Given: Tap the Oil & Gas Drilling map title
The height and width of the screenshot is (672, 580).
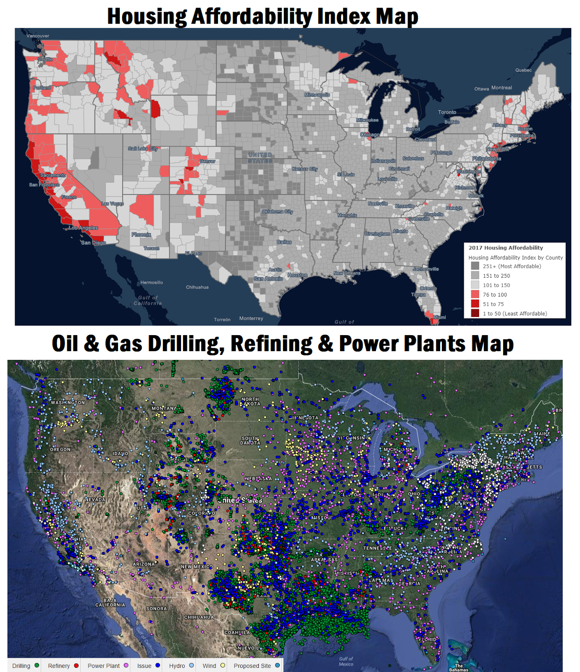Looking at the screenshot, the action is click(x=283, y=344).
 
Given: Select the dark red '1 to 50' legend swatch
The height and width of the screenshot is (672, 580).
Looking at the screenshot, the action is click(x=475, y=313).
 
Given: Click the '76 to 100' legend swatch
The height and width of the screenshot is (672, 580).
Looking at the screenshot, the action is click(x=475, y=294).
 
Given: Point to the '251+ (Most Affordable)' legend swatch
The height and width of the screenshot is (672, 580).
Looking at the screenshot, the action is click(x=475, y=266).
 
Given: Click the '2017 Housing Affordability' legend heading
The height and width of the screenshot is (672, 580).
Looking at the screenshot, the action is click(x=506, y=248).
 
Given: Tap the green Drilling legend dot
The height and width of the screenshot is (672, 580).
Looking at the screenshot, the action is click(x=37, y=665).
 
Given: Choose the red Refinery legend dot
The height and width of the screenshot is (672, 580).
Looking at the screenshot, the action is click(x=76, y=665).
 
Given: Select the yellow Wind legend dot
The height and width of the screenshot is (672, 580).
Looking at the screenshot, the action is click(x=223, y=665).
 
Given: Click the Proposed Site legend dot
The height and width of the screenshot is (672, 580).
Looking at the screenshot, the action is click(x=277, y=665).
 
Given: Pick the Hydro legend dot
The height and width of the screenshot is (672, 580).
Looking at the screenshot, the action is click(x=192, y=665).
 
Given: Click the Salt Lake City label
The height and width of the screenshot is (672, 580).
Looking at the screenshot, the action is click(x=143, y=149).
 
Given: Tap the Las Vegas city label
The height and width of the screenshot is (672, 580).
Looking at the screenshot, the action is click(x=112, y=204).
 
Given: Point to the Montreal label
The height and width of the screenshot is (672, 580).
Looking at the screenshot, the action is click(x=501, y=88).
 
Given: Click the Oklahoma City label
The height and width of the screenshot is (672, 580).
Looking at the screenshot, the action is click(x=277, y=212).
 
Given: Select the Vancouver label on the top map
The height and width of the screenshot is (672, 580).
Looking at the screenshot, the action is click(x=38, y=36).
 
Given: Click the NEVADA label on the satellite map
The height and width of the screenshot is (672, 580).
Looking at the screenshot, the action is click(x=95, y=500).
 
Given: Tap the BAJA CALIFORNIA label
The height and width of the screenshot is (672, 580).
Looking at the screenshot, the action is click(x=110, y=603).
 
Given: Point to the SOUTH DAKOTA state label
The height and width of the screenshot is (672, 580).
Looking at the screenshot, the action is click(x=250, y=441).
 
